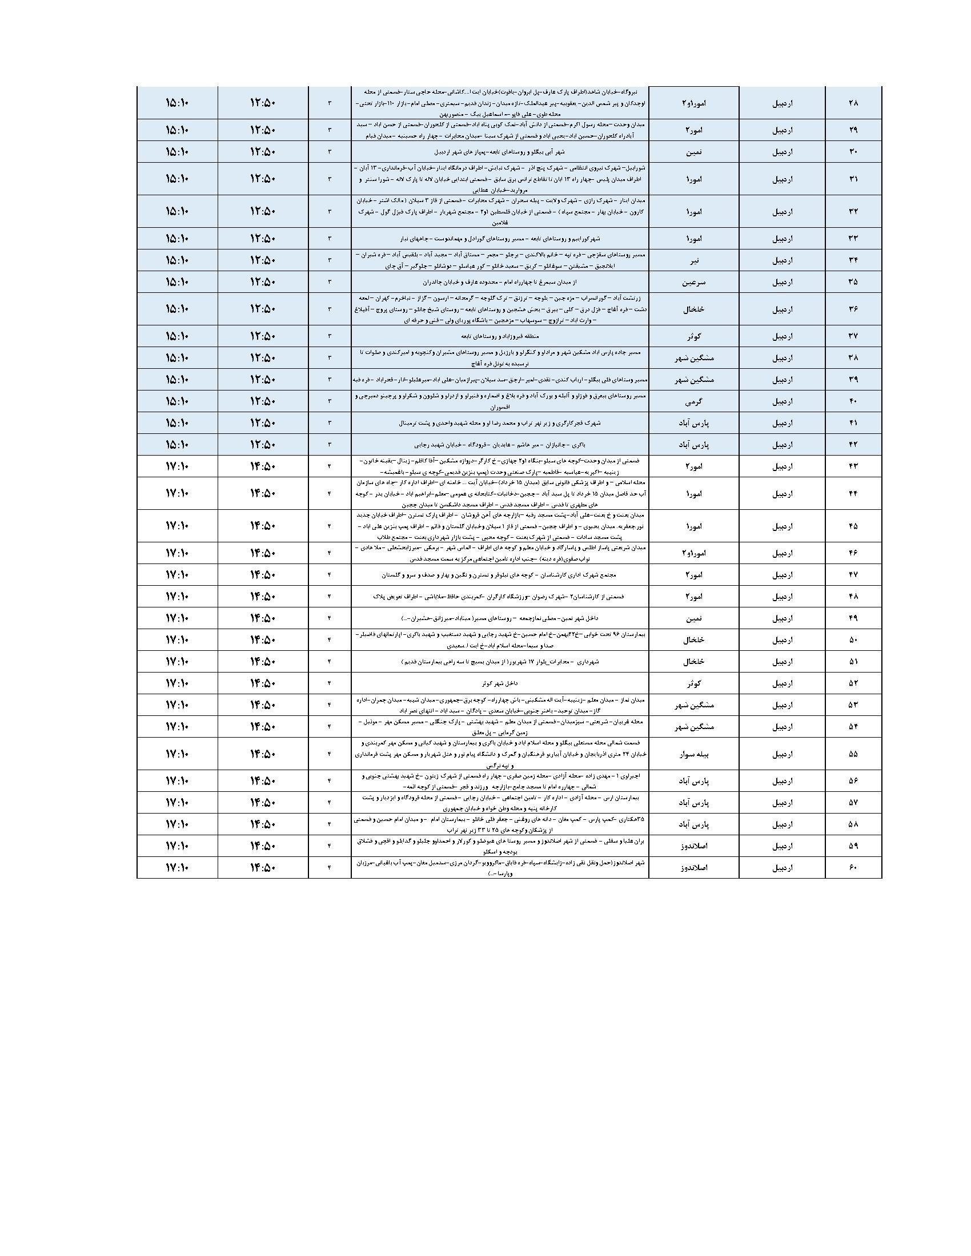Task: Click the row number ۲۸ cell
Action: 853,103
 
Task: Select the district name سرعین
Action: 694,282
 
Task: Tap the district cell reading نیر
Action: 694,260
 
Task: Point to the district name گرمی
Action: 694,401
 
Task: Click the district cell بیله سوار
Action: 694,754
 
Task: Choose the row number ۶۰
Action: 853,867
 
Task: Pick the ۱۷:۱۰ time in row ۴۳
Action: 177,466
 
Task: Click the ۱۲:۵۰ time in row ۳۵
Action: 263,282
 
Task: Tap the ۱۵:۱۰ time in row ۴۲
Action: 177,445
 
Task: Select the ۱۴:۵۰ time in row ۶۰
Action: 263,867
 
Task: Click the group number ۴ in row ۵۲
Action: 330,683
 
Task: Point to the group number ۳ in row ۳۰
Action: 330,152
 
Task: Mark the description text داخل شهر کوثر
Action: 500,683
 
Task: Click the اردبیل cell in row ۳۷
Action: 782,336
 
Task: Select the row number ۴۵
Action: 853,526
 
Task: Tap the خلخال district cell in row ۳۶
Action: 694,309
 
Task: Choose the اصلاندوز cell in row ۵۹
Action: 694,846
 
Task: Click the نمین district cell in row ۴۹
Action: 694,618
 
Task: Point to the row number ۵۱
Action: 853,661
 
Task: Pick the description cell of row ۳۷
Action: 500,336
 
